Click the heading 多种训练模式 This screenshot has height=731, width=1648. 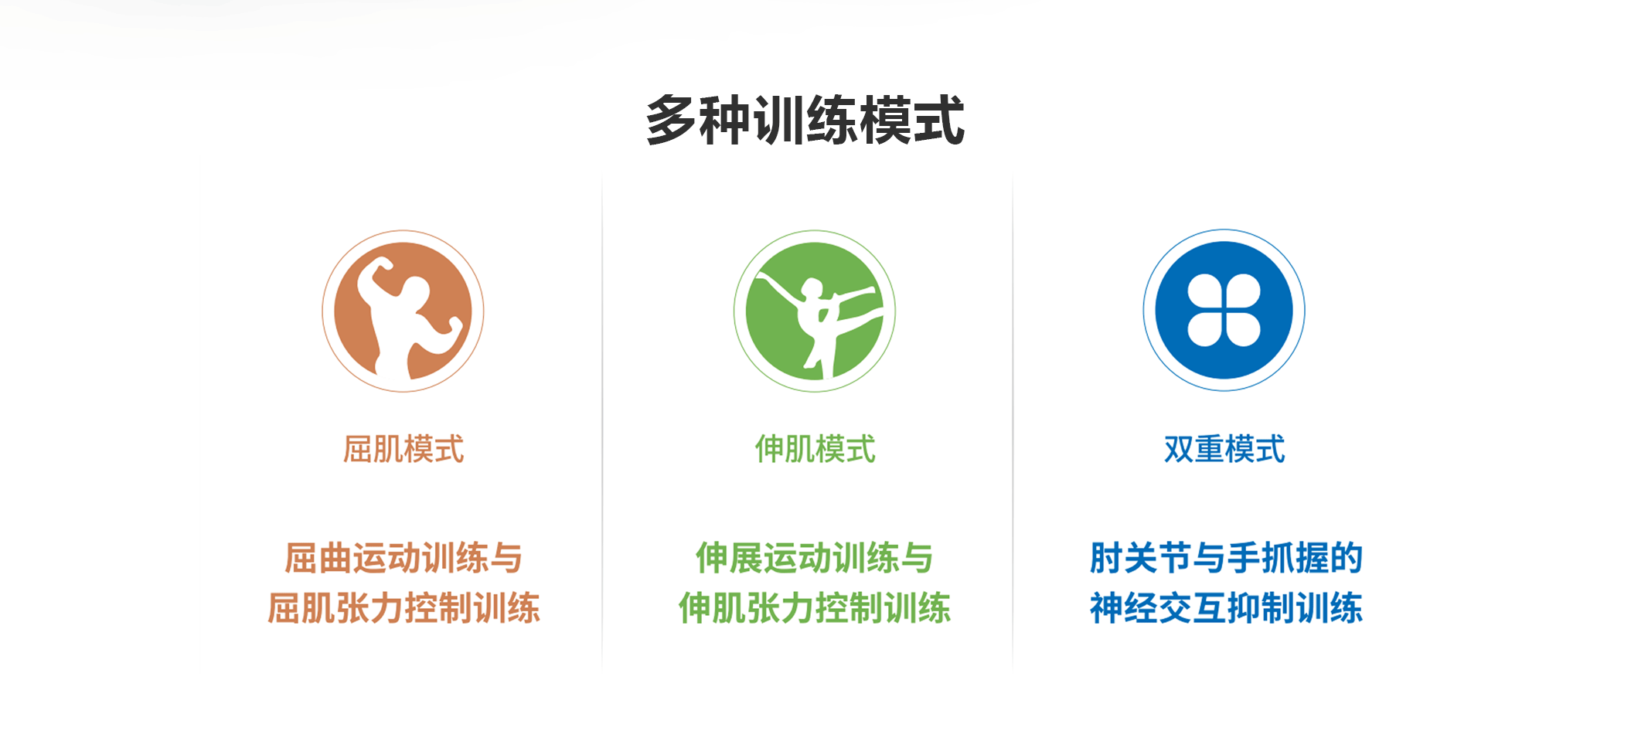[x=805, y=120]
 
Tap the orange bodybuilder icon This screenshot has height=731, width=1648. [x=403, y=311]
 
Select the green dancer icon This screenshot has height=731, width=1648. [x=814, y=311]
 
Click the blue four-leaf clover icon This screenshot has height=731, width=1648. [x=1224, y=310]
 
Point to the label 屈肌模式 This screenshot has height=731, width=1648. [x=403, y=449]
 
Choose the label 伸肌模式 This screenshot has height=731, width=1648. [x=815, y=449]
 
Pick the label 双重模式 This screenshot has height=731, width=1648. [x=1224, y=449]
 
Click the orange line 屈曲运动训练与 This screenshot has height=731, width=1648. [x=403, y=558]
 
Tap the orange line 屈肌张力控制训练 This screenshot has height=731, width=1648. [x=403, y=608]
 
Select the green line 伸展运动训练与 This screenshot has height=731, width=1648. [x=815, y=558]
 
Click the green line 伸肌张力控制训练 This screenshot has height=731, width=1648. [x=815, y=608]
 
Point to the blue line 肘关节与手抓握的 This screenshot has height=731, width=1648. [x=1226, y=558]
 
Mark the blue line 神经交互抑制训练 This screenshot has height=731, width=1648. [x=1226, y=608]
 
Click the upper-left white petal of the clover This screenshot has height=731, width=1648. [x=1205, y=291]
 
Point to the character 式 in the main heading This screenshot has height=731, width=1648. [x=938, y=120]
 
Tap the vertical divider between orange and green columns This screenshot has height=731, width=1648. [x=602, y=421]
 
